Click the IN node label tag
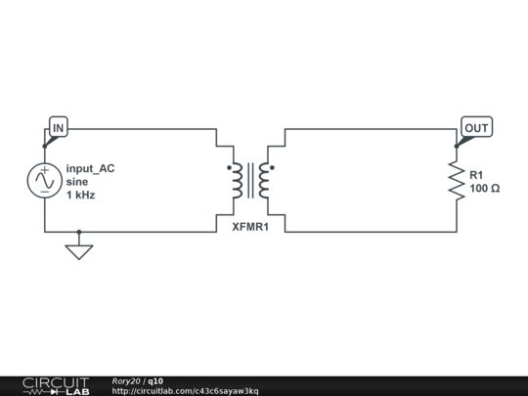[x=59, y=127]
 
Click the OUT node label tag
[x=476, y=127]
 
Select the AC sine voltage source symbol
[x=44, y=181]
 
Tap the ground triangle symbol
[x=79, y=252]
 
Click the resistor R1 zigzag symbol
[x=457, y=181]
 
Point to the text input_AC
[x=90, y=168]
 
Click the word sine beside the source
[x=77, y=182]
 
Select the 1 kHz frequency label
[x=81, y=195]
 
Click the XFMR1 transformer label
[x=250, y=227]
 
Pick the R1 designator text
[x=476, y=175]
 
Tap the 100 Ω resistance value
[x=485, y=189]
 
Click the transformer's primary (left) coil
[x=237, y=181]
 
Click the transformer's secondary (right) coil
[x=264, y=181]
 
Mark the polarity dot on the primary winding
[x=230, y=167]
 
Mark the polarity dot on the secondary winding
[x=272, y=167]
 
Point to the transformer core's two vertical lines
[x=250, y=181]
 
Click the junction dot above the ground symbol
[x=79, y=232]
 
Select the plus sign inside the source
[x=44, y=170]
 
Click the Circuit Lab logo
[x=57, y=386]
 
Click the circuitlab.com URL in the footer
[x=185, y=391]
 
